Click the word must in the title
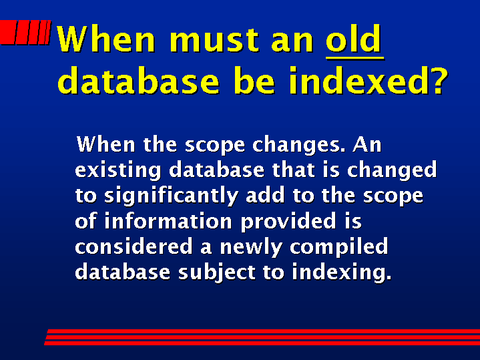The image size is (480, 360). [218, 39]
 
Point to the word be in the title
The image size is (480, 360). [255, 80]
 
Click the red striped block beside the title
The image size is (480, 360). [25, 32]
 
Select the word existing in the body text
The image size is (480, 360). [118, 171]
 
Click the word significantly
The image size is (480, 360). [171, 196]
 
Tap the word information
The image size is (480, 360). [168, 220]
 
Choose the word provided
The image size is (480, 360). [288, 222]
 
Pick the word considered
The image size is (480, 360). [134, 246]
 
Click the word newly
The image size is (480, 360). [251, 248]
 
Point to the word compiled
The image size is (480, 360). [339, 248]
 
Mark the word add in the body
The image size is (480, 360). [265, 195]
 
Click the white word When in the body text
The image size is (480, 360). [106, 144]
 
